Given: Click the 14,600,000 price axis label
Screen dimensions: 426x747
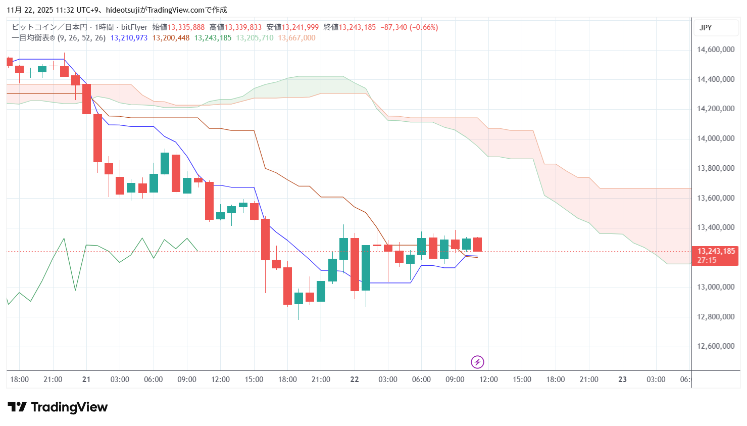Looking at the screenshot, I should [715, 50].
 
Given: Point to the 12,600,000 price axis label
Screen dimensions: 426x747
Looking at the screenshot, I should [715, 346].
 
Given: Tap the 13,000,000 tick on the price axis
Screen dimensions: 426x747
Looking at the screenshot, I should [715, 287].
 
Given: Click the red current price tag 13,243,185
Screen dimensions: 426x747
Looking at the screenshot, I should [716, 251].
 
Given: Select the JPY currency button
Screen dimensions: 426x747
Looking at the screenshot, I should [706, 28].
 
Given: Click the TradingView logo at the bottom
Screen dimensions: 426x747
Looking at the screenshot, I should [58, 407].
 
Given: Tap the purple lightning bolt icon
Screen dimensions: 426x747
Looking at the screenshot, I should [477, 362].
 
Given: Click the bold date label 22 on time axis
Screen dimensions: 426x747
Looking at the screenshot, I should [355, 380].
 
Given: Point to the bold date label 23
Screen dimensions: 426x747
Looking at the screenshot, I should [622, 380].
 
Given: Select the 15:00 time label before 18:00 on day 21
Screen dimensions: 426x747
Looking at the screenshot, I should [254, 380].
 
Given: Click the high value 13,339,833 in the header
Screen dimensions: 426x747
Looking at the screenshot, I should [243, 27].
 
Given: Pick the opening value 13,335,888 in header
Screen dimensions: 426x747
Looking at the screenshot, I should [186, 27].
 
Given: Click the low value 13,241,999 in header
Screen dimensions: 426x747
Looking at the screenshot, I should [300, 27].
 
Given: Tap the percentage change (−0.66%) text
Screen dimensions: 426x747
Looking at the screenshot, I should [424, 27].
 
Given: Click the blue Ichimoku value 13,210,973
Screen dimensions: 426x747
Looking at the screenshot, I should [129, 38].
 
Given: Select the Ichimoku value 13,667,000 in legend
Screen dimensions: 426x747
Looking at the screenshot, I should [296, 38].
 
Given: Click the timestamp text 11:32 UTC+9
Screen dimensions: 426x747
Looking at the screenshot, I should [75, 10].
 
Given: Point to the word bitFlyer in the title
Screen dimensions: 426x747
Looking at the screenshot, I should [134, 27].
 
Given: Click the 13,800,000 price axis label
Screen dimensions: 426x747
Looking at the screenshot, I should [715, 168].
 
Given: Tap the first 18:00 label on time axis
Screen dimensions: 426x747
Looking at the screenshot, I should [19, 380].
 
